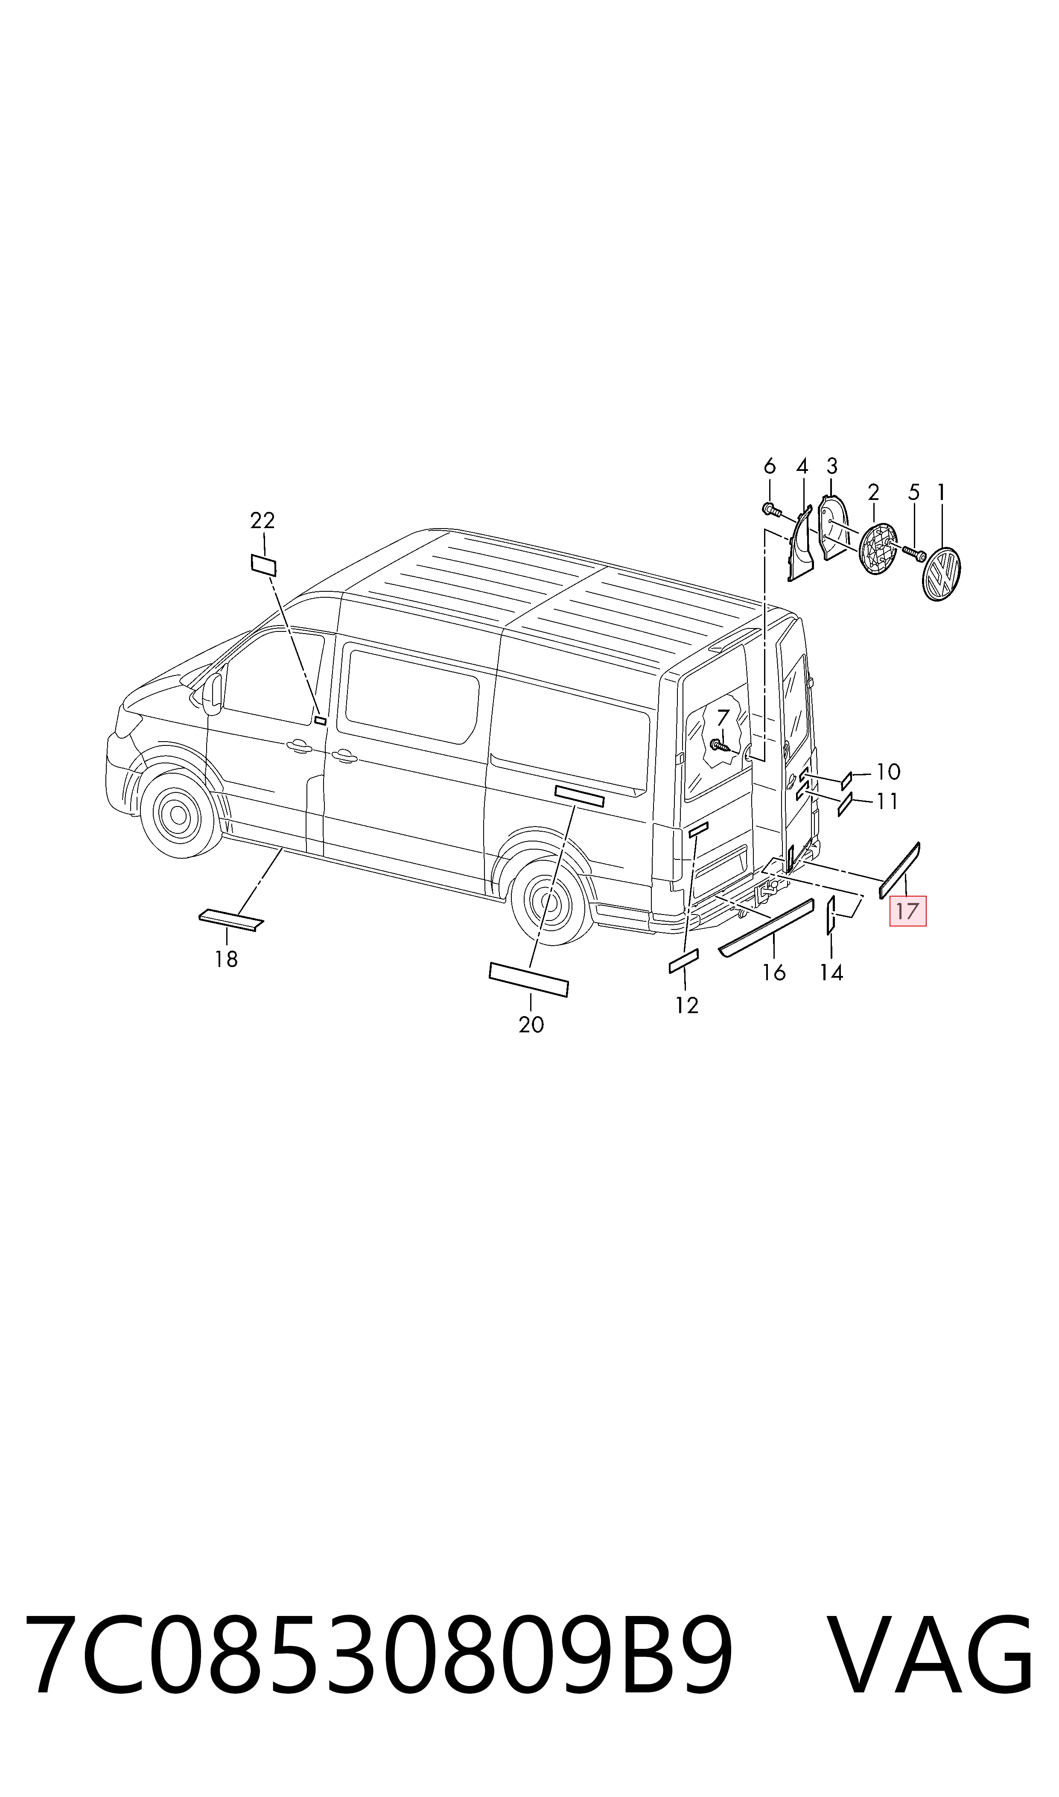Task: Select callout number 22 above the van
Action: pos(262,520)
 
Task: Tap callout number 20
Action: pos(531,1025)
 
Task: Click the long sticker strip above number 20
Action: pos(529,979)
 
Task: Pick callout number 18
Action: pos(226,959)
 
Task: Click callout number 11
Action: pos(887,801)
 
